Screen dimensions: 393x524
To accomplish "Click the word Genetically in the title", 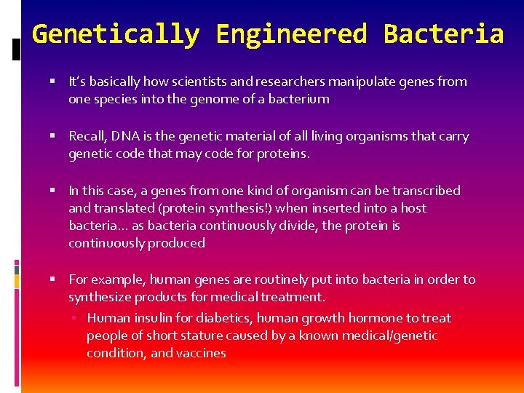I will [116, 34].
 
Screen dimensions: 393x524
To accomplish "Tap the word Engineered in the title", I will [292, 34].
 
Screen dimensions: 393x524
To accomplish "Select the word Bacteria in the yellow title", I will [444, 34].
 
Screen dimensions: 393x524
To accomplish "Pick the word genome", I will [189, 99].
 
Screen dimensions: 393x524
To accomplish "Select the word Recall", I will [86, 136].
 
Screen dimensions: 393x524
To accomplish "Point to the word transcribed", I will [426, 191].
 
